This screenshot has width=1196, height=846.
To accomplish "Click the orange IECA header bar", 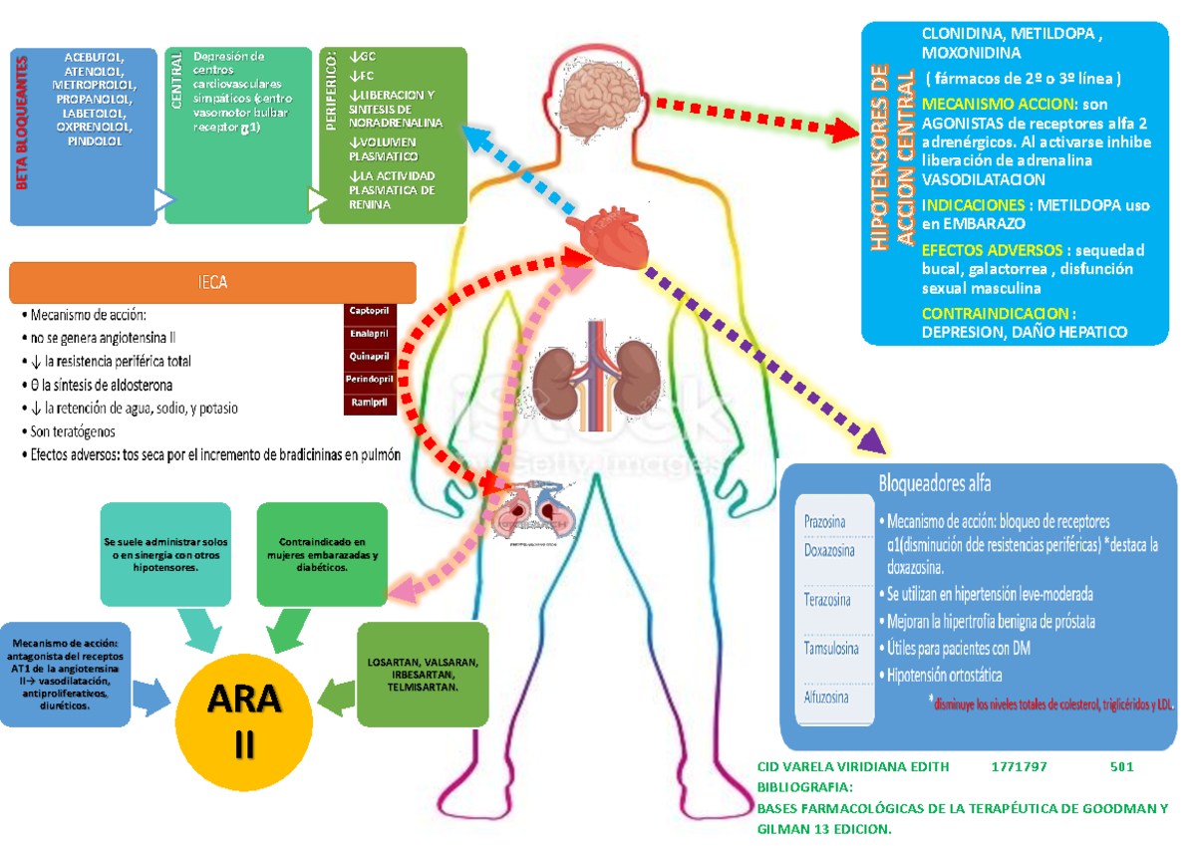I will click(212, 283).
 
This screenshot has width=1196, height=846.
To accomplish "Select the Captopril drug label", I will click(370, 311).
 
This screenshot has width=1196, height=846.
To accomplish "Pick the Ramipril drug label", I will click(370, 403).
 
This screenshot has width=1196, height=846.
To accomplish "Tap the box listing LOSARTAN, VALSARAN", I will click(422, 675).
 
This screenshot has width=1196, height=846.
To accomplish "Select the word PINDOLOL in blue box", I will click(96, 141).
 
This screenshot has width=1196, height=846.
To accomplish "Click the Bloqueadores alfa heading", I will click(934, 484).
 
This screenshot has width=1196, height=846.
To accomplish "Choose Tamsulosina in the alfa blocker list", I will click(830, 649).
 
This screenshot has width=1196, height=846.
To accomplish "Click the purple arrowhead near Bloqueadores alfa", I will click(872, 437).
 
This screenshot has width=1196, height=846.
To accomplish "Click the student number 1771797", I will click(1019, 766).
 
